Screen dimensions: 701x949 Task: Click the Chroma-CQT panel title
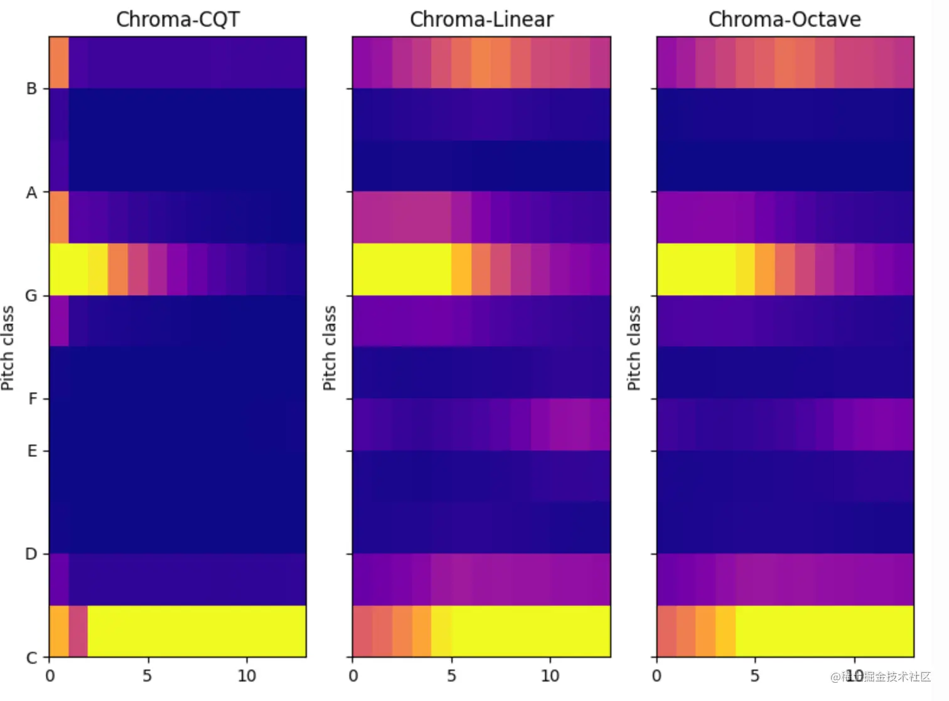coord(178,19)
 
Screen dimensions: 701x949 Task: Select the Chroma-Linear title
coord(481,19)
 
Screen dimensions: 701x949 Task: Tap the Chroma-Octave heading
coord(785,19)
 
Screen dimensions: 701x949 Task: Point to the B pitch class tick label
coord(31,88)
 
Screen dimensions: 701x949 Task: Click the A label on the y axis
coord(31,193)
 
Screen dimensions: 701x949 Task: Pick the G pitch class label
coord(31,295)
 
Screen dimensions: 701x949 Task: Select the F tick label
coord(33,399)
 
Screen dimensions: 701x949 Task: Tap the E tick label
coord(32,451)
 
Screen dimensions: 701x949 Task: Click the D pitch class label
coord(31,554)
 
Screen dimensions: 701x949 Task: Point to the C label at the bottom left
coord(31,658)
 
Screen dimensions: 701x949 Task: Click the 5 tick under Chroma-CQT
coord(147,676)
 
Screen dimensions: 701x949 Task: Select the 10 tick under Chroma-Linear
coord(550,676)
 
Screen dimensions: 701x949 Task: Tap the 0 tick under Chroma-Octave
coord(657,676)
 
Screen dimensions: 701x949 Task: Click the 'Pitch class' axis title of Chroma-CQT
coord(8,348)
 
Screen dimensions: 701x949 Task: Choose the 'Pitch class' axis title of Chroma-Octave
coord(634,348)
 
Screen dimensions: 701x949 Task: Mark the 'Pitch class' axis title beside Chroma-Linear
coord(330,348)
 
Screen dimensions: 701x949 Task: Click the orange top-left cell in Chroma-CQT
coord(59,62)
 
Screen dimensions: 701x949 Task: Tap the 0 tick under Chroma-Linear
coord(353,676)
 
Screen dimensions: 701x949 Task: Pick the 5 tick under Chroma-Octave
coord(755,676)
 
